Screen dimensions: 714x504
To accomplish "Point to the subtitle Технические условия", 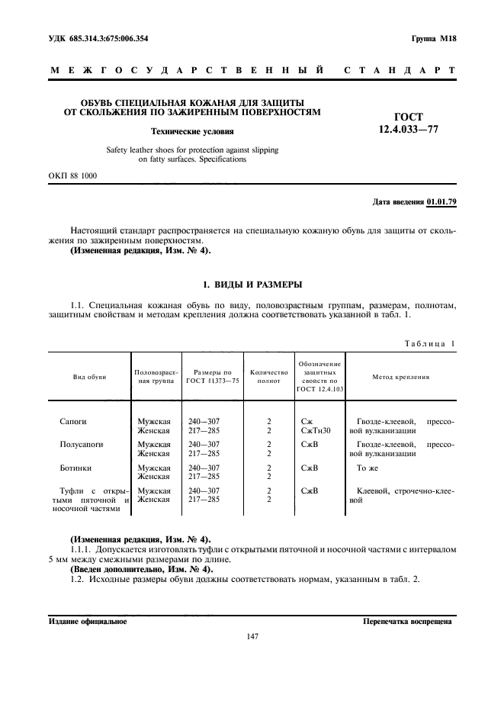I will point(191,131).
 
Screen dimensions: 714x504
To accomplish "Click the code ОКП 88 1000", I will point(72,176).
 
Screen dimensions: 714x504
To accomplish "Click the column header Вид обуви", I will point(89,377).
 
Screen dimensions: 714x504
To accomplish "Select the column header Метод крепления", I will point(400,377).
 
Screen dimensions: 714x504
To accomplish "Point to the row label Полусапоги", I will point(81,443).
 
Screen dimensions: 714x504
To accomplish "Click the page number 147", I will point(252,636).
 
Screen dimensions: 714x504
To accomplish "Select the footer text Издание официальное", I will point(87,621).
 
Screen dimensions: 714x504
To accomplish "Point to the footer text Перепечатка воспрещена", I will point(408,621).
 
